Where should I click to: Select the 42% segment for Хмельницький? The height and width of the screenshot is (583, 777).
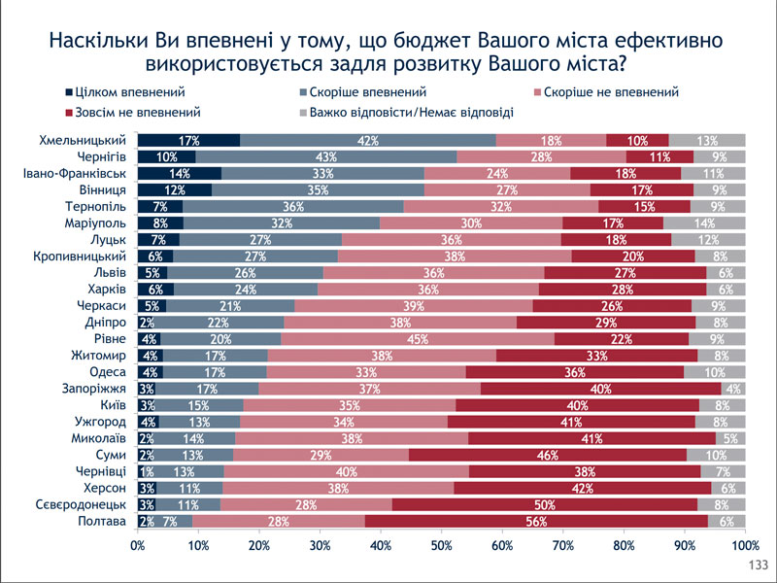pos(367,140)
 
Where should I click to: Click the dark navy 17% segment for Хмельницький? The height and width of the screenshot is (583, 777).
pos(188,140)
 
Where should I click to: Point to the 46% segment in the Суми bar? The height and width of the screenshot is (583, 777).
pos(548,455)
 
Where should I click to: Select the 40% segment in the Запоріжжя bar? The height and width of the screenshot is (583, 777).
pos(600,389)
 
